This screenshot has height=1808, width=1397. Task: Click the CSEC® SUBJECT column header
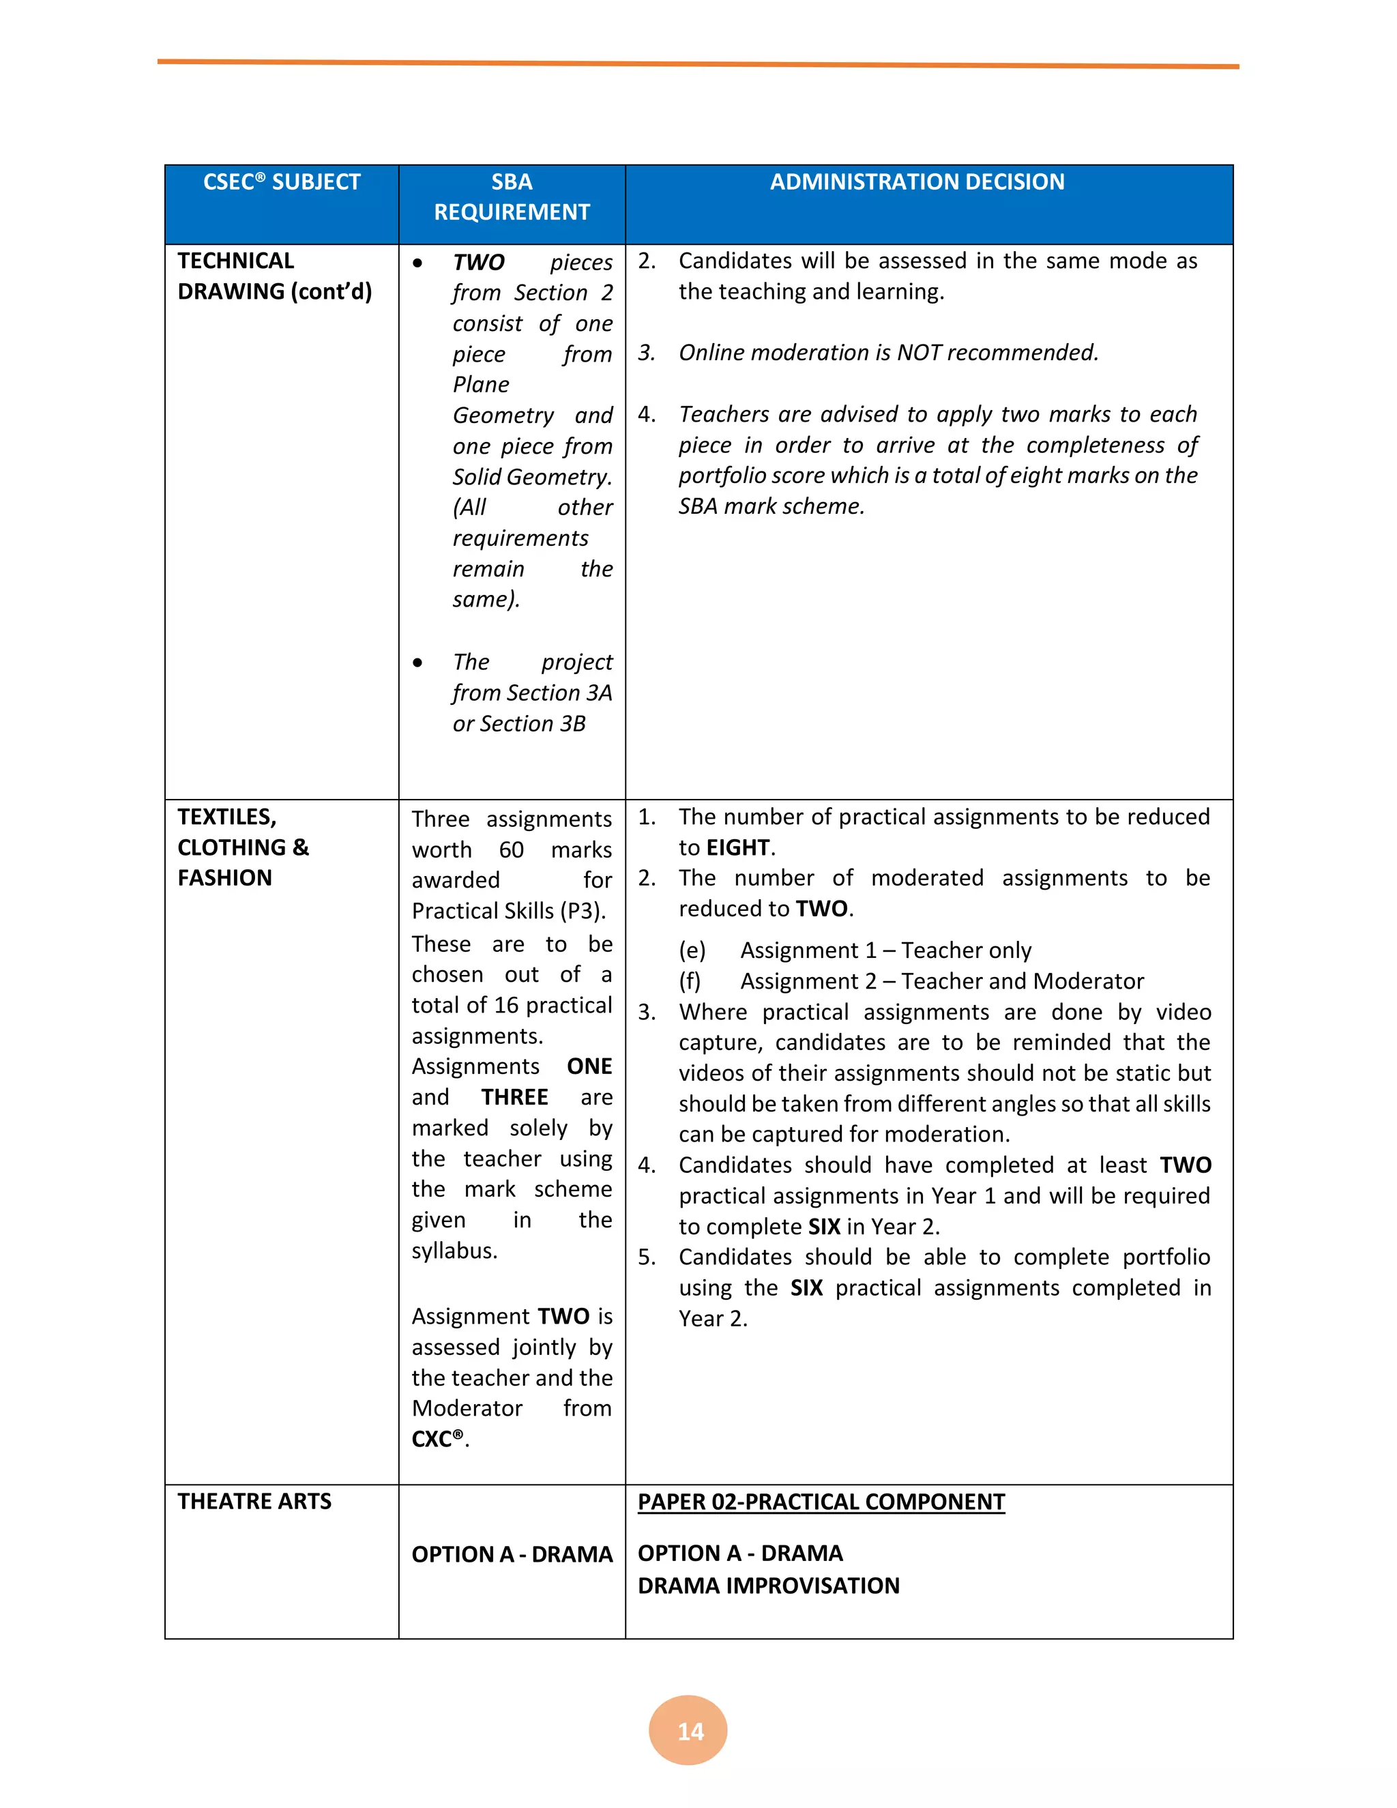tap(282, 182)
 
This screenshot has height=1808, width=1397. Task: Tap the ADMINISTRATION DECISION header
tap(917, 182)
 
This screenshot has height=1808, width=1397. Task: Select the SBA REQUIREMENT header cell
tap(512, 197)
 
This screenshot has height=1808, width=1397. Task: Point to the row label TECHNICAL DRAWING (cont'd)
tap(274, 276)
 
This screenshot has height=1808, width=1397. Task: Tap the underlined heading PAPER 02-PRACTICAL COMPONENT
tap(821, 1502)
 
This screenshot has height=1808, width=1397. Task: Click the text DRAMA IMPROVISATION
tap(768, 1586)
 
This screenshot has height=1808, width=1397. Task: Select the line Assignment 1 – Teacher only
tap(885, 950)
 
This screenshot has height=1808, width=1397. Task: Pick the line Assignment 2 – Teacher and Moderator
tap(942, 981)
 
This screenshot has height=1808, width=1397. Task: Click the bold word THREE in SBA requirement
tap(515, 1097)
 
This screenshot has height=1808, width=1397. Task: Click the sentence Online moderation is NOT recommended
tap(888, 353)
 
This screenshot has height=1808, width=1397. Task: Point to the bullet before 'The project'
tap(418, 663)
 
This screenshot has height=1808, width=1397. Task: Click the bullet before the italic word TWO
tap(418, 263)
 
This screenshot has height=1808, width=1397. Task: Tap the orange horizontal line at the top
tap(698, 63)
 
